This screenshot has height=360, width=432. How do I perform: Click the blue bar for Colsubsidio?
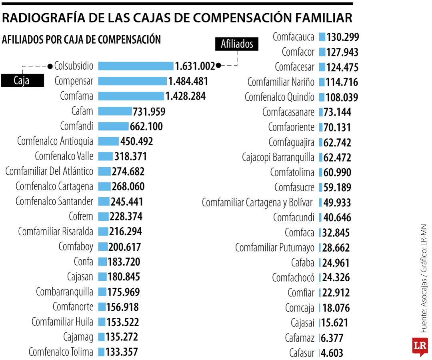[136, 66]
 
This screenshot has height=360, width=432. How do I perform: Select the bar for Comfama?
[131, 96]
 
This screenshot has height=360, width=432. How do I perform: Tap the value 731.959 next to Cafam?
[149, 112]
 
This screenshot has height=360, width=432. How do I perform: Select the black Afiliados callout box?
[237, 44]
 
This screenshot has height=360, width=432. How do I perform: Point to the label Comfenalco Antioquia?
[56, 141]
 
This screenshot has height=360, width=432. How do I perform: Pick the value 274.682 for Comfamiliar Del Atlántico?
[128, 172]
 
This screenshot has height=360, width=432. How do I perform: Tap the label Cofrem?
[81, 216]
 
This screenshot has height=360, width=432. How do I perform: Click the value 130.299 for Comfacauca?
[343, 37]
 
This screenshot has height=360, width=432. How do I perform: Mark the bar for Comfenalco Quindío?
[322, 97]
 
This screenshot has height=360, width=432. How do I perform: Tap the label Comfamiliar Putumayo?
[275, 248]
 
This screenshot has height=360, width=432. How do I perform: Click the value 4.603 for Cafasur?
[332, 353]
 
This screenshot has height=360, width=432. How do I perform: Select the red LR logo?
[420, 346]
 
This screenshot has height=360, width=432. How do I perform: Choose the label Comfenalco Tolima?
[61, 352]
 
